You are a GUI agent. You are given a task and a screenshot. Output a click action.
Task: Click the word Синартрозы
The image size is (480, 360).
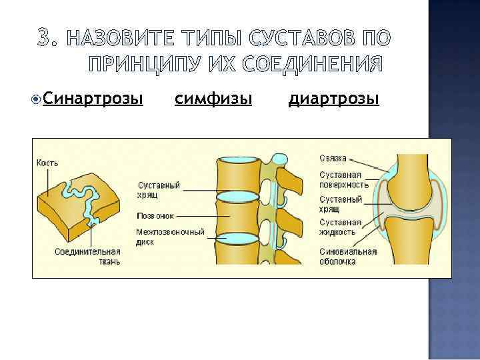93,99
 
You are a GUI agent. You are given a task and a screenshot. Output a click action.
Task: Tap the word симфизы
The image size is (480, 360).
213,99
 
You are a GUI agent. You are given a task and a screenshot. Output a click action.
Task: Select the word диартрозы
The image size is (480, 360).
334,99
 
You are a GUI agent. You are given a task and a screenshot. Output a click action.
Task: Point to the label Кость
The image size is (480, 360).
47,162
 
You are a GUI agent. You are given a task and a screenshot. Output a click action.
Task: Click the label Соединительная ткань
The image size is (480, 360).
87,257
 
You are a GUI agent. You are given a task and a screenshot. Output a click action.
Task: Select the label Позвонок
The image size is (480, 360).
155,216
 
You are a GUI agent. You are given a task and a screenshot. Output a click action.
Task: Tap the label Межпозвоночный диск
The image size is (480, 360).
169,237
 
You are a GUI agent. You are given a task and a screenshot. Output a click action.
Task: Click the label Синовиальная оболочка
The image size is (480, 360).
348,257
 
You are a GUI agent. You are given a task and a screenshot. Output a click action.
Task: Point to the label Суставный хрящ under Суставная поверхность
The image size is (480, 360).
341,203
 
